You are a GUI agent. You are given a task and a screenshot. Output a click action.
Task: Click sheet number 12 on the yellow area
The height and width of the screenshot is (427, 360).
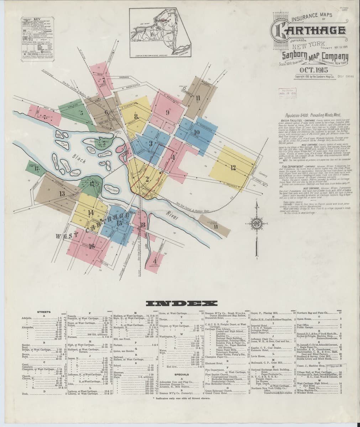tap(233, 168)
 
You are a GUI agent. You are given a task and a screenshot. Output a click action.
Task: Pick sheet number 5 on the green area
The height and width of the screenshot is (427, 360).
tap(82, 114)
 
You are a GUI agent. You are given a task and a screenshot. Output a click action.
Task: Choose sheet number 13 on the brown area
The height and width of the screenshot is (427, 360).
tap(62, 194)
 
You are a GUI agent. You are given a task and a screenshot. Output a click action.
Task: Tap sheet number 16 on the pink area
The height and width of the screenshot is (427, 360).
tap(92, 246)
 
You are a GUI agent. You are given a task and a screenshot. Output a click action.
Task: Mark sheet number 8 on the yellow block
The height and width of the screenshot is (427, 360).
tap(136, 116)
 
